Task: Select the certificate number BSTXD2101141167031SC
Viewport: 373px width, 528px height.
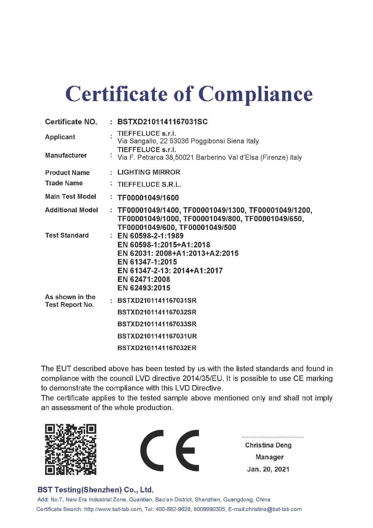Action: point(162,122)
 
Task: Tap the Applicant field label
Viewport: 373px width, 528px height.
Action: point(60,137)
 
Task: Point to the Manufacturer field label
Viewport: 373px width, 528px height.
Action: point(66,155)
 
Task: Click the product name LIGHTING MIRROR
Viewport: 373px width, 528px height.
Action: point(149,172)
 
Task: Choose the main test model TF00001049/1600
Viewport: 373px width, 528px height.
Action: point(148,198)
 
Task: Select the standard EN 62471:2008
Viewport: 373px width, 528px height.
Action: point(144,279)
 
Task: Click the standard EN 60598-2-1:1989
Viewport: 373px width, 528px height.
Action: point(150,236)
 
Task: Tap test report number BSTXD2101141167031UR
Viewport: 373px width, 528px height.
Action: point(157,336)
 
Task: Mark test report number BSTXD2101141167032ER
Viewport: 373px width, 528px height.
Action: point(157,348)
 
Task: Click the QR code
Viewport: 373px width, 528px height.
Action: point(70,449)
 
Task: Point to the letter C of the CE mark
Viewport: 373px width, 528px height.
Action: point(152,450)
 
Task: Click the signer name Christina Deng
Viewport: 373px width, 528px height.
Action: point(268,445)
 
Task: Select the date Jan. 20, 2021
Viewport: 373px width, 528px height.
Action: point(268,469)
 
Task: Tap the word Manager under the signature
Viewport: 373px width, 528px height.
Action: point(269,457)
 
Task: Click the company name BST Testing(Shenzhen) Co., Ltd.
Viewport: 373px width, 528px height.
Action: point(95,490)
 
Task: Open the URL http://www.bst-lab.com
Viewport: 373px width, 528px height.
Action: point(113,509)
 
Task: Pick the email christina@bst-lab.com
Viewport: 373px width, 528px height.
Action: point(274,509)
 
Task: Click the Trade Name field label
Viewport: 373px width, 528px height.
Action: point(64,183)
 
